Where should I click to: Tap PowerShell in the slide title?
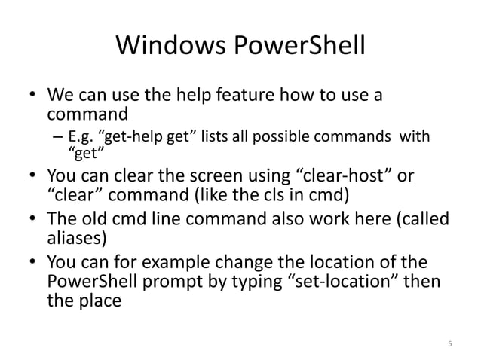pos(302,47)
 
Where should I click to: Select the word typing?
pos(269,284)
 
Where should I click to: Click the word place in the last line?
pos(98,304)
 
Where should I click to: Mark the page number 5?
pos(449,344)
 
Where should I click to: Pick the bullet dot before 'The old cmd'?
pos(32,221)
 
